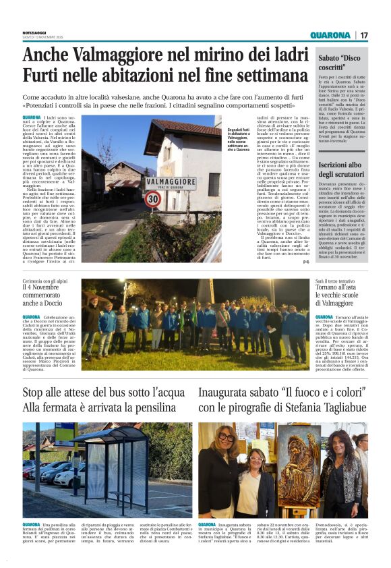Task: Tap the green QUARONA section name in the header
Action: [330, 36]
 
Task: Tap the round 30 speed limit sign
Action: [153, 199]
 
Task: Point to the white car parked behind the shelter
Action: [67, 476]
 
